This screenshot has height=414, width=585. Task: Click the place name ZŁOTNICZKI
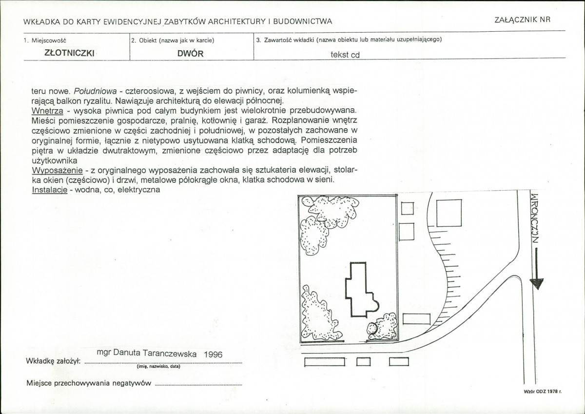point(69,53)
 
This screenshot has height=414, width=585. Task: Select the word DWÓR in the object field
point(191,54)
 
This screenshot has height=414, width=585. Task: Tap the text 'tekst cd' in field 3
point(345,55)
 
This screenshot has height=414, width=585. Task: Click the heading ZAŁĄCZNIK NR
point(522,20)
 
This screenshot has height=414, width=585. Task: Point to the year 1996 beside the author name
point(213,355)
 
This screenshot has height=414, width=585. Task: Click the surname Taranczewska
point(170,354)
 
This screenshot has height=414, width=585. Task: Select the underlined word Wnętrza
point(47,111)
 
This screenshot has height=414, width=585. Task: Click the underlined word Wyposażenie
point(57,171)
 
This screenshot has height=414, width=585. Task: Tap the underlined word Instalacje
point(50,190)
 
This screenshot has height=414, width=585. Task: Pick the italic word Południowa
point(96,91)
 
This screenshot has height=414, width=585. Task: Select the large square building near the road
point(449,213)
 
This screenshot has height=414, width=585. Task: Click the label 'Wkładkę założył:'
point(53,361)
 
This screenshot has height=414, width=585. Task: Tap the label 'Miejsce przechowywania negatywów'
point(89,383)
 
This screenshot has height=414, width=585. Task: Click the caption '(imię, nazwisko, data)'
point(158,367)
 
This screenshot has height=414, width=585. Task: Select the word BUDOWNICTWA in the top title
point(303,21)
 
